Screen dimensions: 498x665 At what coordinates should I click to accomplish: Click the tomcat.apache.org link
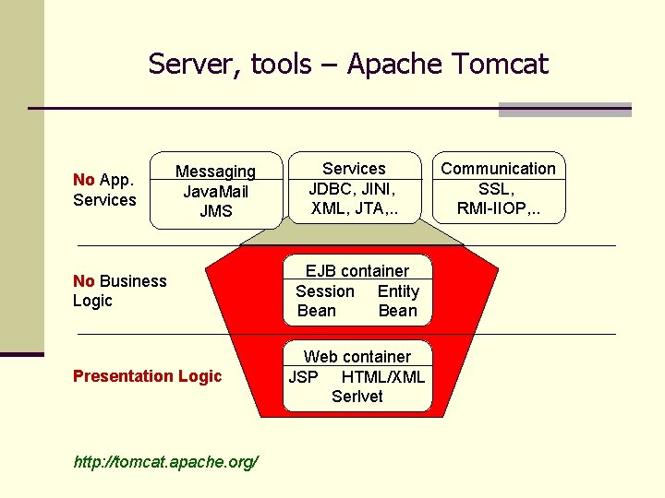[x=165, y=461]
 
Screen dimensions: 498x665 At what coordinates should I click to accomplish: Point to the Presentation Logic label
[x=147, y=376]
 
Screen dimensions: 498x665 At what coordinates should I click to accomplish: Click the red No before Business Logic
[x=83, y=281]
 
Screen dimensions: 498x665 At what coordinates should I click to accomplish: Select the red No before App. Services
[x=83, y=180]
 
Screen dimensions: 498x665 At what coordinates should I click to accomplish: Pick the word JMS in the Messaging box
[x=215, y=211]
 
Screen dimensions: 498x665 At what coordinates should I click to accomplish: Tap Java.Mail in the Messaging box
[x=215, y=192]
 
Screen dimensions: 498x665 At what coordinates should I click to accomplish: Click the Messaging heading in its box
[x=215, y=172]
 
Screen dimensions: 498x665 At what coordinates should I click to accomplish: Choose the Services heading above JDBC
[x=354, y=169]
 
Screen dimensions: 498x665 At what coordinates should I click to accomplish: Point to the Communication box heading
[x=498, y=169]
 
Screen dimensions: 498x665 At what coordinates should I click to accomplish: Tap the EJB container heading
[x=357, y=271]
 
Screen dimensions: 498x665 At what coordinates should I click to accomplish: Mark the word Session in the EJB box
[x=324, y=291]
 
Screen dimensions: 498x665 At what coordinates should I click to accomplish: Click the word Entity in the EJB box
[x=398, y=291]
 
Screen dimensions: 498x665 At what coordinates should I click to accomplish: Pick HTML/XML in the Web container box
[x=383, y=376]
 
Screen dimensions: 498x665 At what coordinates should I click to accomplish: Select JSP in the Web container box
[x=303, y=376]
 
